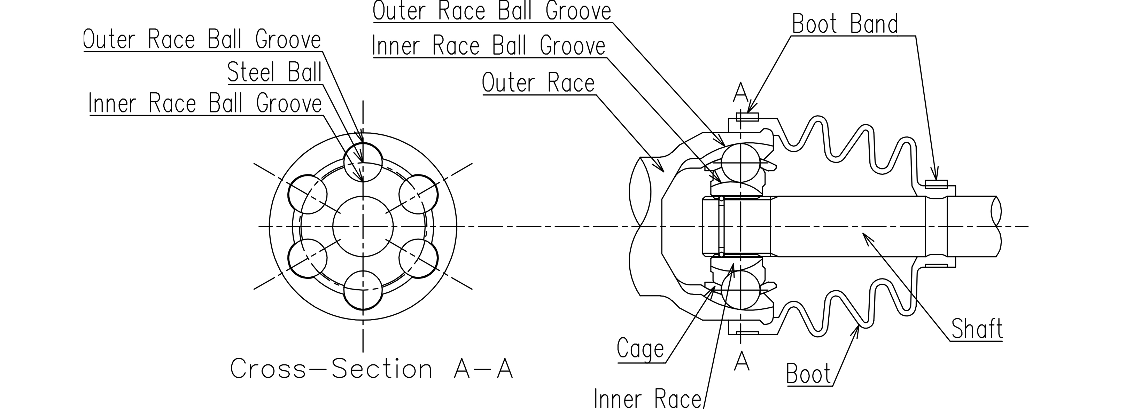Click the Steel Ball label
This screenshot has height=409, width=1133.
(275, 72)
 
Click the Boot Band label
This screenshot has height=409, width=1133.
(845, 24)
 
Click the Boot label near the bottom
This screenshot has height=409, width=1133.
(808, 374)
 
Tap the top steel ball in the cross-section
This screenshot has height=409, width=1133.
(363, 162)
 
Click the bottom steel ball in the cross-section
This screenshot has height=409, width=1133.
(363, 291)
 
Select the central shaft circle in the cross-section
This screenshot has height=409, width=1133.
(363, 227)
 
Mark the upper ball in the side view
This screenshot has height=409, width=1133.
(741, 163)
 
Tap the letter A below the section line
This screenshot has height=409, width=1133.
(742, 362)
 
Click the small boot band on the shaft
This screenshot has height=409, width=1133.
(936, 184)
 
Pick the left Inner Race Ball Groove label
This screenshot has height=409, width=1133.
(205, 104)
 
